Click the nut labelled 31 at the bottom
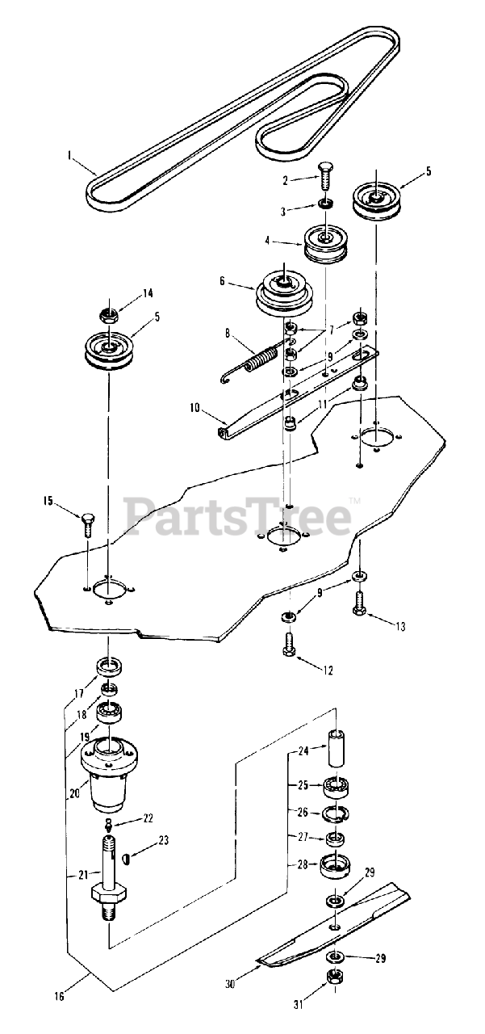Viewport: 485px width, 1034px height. pos(335,978)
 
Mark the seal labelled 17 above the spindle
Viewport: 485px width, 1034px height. pos(109,667)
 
